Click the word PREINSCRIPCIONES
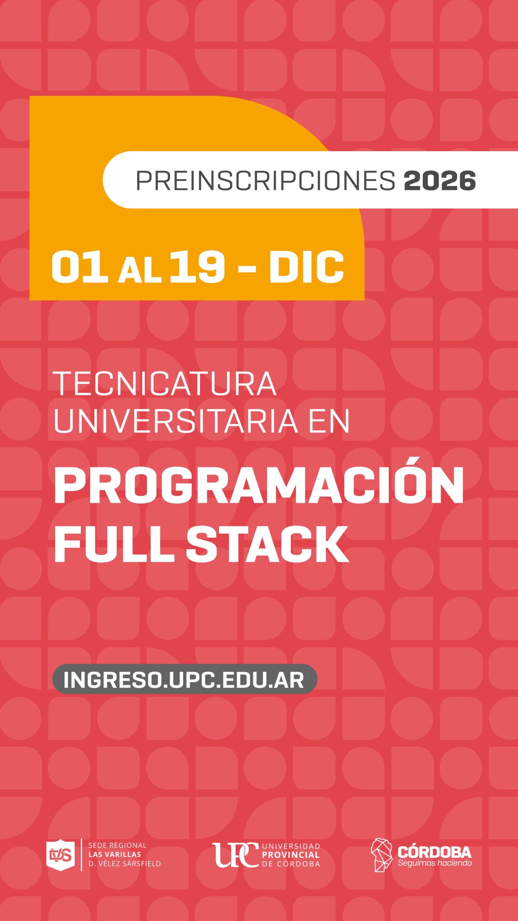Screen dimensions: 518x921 click(265, 180)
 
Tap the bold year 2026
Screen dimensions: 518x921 click(440, 180)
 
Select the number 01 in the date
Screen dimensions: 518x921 click(79, 267)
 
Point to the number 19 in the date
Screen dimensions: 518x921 click(197, 267)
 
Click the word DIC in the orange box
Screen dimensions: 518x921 click(306, 267)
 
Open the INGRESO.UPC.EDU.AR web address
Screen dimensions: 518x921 click(184, 679)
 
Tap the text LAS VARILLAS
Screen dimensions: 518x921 click(115, 854)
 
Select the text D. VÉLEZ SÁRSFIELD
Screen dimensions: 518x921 click(124, 863)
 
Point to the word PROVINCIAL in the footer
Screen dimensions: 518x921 click(291, 855)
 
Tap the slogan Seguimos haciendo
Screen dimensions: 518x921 click(435, 863)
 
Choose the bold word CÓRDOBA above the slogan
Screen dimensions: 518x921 click(435, 852)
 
